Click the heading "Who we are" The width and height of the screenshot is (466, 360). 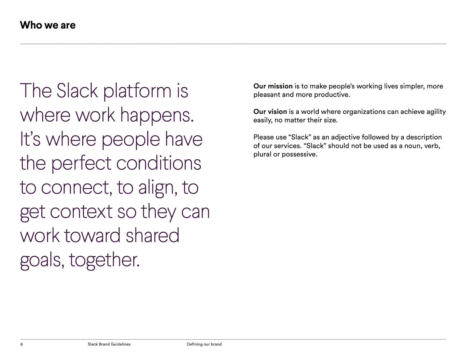[48, 25]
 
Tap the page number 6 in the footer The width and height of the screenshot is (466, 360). [21, 344]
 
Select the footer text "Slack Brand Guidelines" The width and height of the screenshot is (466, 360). [109, 344]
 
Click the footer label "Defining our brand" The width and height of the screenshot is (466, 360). [204, 344]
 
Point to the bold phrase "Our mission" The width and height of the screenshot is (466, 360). [273, 86]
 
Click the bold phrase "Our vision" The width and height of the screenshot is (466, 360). [270, 112]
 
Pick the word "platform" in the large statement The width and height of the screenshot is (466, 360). [137, 92]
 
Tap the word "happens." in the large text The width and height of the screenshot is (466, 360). [157, 116]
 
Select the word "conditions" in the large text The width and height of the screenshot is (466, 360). [159, 163]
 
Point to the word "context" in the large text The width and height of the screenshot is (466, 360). [81, 212]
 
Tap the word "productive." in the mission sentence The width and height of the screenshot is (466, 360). [332, 95]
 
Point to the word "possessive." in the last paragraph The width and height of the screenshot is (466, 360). [299, 154]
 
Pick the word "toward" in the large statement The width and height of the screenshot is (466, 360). [92, 235]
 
